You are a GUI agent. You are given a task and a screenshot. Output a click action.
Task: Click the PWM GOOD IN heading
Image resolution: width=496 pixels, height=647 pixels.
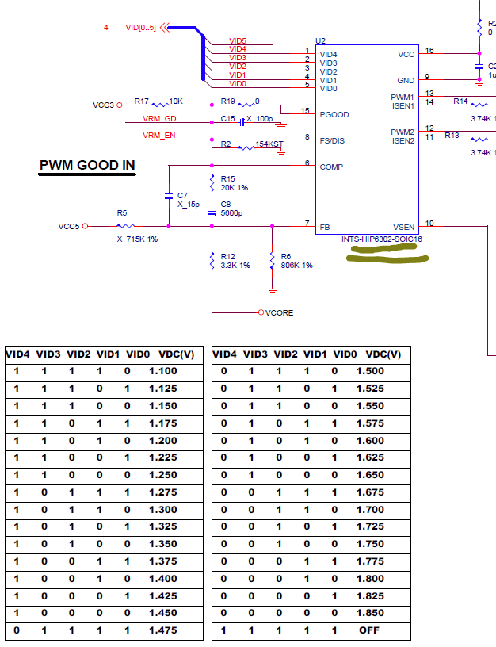(x=87, y=166)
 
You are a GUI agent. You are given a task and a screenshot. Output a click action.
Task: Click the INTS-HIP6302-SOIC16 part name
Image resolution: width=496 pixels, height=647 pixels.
(x=382, y=238)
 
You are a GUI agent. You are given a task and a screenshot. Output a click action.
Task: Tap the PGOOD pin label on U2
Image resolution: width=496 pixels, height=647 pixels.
(x=334, y=114)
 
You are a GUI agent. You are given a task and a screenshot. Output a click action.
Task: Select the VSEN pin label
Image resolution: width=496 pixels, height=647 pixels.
(x=403, y=227)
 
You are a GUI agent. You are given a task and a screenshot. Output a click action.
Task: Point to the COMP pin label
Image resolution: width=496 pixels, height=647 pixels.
(x=330, y=167)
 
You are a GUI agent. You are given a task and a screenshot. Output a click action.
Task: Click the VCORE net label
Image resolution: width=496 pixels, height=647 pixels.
(x=279, y=313)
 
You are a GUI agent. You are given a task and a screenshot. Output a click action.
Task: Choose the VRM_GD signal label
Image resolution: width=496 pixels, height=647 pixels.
(x=159, y=118)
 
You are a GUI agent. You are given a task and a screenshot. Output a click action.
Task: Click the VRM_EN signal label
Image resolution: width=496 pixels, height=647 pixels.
(x=159, y=136)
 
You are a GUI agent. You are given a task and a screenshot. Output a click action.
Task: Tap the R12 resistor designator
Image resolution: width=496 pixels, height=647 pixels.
(x=228, y=256)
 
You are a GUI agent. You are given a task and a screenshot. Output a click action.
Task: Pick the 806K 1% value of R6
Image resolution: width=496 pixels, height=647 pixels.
(x=296, y=265)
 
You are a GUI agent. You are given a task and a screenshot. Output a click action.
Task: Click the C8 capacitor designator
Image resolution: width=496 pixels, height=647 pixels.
(x=225, y=204)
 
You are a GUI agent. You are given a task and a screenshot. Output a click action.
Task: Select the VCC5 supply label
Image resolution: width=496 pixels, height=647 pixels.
(x=69, y=226)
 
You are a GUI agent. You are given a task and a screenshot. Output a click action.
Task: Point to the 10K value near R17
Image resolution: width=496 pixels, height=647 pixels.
(x=177, y=101)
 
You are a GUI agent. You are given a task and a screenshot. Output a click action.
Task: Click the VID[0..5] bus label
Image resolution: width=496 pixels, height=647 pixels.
(x=141, y=28)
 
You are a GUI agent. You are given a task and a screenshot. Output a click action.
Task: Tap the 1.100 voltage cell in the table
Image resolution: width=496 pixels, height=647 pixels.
(x=162, y=371)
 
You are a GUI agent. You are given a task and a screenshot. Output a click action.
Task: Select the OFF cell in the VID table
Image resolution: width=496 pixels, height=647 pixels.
(x=370, y=631)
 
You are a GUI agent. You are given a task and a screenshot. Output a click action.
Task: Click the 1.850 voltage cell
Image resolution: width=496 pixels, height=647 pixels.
(x=370, y=614)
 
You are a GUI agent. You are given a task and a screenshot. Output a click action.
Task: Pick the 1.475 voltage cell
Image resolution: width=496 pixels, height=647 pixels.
(x=162, y=631)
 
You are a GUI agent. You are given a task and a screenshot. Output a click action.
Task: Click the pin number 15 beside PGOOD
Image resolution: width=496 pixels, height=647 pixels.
(x=306, y=111)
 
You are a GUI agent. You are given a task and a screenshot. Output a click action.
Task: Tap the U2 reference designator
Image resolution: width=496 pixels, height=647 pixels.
(x=320, y=40)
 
